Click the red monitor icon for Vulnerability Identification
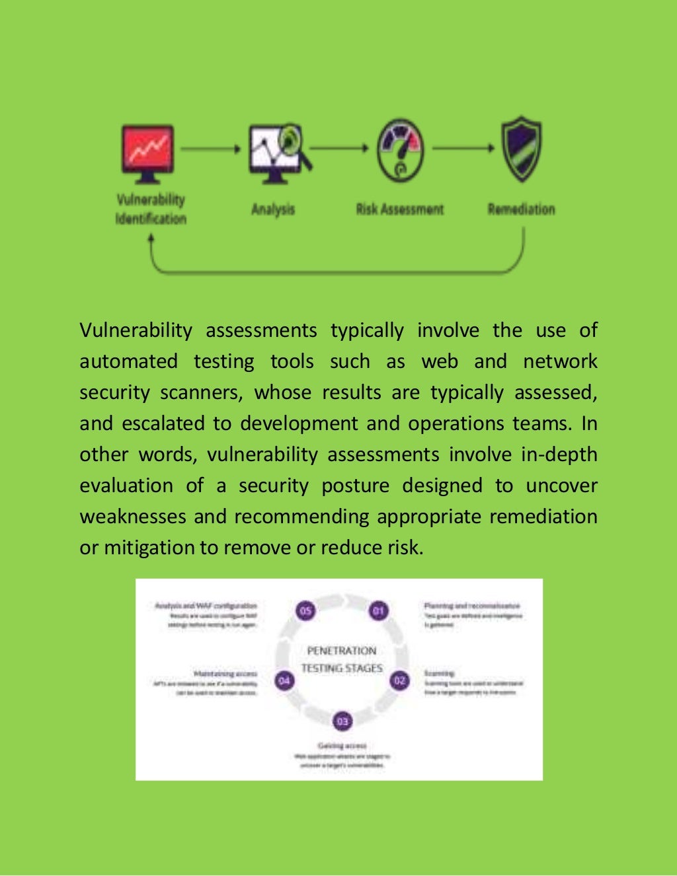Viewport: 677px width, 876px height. tap(147, 153)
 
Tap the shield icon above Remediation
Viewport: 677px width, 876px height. tap(521, 149)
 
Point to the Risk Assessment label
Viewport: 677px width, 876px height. tap(399, 209)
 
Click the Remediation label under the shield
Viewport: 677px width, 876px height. tap(521, 209)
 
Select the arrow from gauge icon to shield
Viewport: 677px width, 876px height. tap(463, 148)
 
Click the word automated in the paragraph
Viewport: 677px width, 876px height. tap(128, 361)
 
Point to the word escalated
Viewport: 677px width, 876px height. tap(163, 423)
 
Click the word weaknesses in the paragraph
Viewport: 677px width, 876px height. tap(133, 517)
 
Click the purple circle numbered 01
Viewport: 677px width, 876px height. tap(378, 611)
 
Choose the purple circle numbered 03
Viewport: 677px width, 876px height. tap(342, 721)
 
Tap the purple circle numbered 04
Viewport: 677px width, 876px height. tap(284, 680)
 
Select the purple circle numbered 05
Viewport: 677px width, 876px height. tap(305, 611)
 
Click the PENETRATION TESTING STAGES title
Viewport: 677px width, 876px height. tap(342, 659)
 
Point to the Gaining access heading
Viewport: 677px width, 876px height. tap(342, 746)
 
